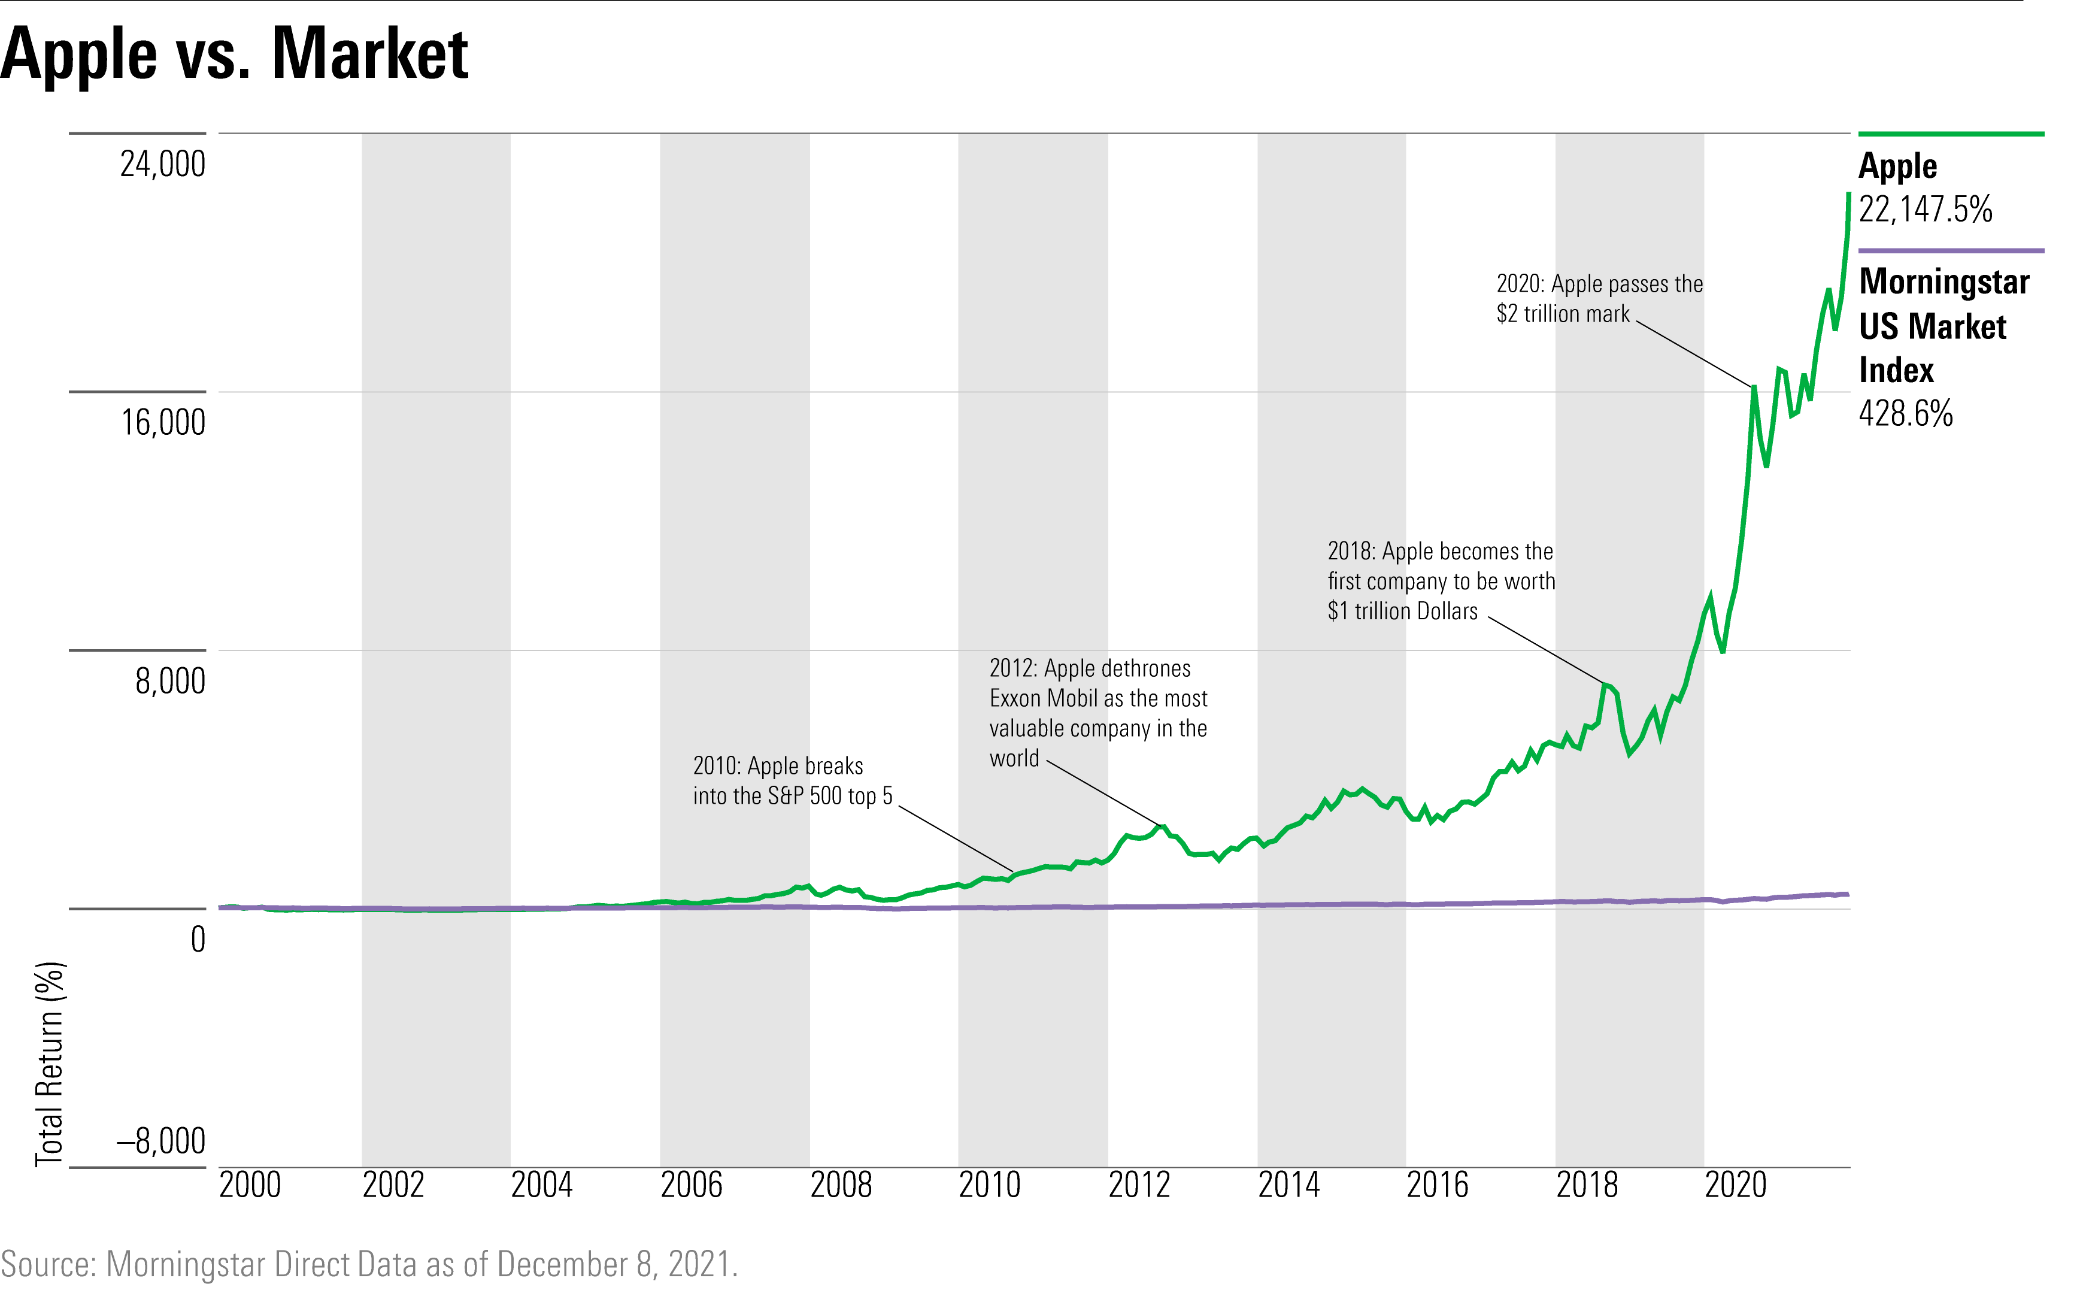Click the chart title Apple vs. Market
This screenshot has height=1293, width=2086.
(234, 54)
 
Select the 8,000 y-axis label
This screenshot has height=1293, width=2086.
(170, 682)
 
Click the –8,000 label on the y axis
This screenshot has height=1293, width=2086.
(160, 1141)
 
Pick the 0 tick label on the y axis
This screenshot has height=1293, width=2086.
(198, 940)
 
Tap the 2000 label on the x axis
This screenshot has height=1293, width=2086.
(250, 1185)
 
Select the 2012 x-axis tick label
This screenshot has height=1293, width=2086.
(1139, 1185)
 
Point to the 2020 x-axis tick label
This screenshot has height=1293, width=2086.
(1736, 1185)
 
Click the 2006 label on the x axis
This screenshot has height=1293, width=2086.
(692, 1185)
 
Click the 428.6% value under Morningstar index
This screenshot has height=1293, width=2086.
(1906, 414)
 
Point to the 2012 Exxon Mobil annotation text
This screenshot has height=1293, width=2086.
(1097, 713)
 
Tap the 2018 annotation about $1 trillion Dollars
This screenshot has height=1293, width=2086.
(1441, 582)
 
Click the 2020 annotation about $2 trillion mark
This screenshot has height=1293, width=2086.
(1599, 298)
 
